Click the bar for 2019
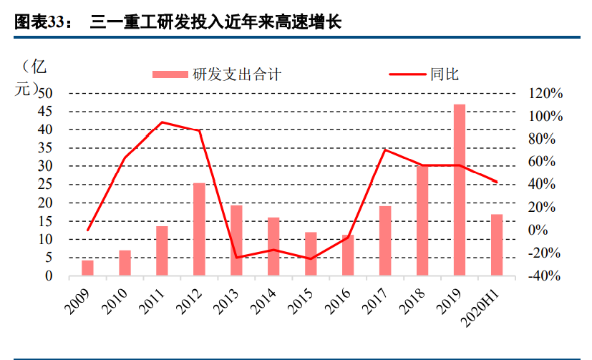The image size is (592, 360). point(459,190)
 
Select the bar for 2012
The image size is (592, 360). point(199,229)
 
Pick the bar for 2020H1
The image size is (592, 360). point(496,245)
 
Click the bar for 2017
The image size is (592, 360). point(385,240)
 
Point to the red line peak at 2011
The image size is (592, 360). point(162,122)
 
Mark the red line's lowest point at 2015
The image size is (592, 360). point(311,258)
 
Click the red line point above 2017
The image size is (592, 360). point(385,150)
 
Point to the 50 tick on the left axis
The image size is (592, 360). point(44,93)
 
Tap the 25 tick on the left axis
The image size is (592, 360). point(44,185)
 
